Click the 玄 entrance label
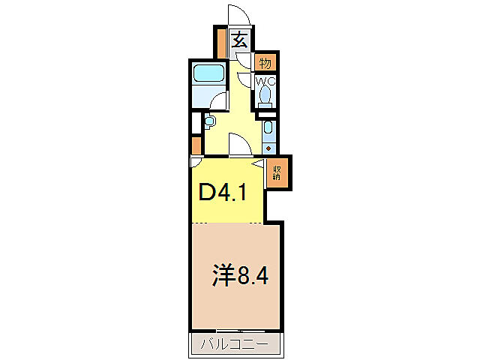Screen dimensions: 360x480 [239, 40]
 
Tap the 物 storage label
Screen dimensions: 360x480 [265, 62]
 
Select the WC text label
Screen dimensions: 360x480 [265, 81]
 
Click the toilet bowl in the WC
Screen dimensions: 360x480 [265, 96]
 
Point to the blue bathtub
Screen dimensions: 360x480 [208, 75]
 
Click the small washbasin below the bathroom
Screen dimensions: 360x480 [208, 120]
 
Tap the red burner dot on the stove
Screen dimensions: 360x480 [268, 147]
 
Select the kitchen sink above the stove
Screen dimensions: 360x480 [268, 129]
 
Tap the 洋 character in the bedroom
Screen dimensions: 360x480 [223, 275]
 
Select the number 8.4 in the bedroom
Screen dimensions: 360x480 [253, 276]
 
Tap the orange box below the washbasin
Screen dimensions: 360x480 [196, 144]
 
